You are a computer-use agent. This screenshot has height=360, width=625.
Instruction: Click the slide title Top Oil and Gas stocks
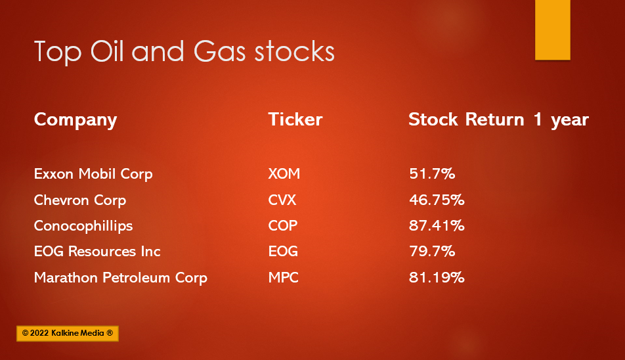click(x=184, y=51)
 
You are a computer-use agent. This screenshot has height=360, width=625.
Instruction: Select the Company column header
click(x=75, y=120)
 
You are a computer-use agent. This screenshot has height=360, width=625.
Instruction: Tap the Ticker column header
click(x=295, y=119)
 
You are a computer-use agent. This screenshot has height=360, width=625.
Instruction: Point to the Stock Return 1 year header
click(x=499, y=120)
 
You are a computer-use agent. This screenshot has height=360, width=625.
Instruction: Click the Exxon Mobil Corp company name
click(x=93, y=174)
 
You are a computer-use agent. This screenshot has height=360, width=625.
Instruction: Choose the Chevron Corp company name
click(x=80, y=200)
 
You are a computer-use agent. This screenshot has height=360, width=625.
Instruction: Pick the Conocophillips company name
click(x=83, y=226)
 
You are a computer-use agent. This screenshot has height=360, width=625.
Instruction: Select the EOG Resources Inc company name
click(x=97, y=252)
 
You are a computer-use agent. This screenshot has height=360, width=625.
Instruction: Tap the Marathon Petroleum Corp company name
click(x=121, y=278)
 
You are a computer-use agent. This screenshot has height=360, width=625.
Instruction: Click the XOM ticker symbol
click(x=284, y=174)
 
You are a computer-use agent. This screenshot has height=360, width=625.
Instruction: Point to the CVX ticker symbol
click(x=282, y=200)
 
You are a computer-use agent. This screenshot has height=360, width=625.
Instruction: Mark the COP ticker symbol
click(x=283, y=225)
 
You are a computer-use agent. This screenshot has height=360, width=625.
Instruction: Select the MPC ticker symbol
click(x=284, y=277)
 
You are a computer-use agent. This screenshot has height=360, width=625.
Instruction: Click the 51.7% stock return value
click(x=432, y=174)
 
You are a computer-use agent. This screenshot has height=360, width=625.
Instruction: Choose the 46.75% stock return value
click(x=437, y=200)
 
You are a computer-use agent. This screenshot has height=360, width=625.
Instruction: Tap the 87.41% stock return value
click(x=437, y=225)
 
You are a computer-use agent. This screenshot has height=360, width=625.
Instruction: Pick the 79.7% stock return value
click(x=432, y=252)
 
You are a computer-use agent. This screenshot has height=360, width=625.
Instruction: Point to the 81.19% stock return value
click(x=437, y=277)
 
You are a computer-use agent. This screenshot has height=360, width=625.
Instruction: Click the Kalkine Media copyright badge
click(x=68, y=333)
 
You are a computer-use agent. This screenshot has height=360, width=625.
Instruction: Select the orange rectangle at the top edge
click(x=553, y=30)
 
